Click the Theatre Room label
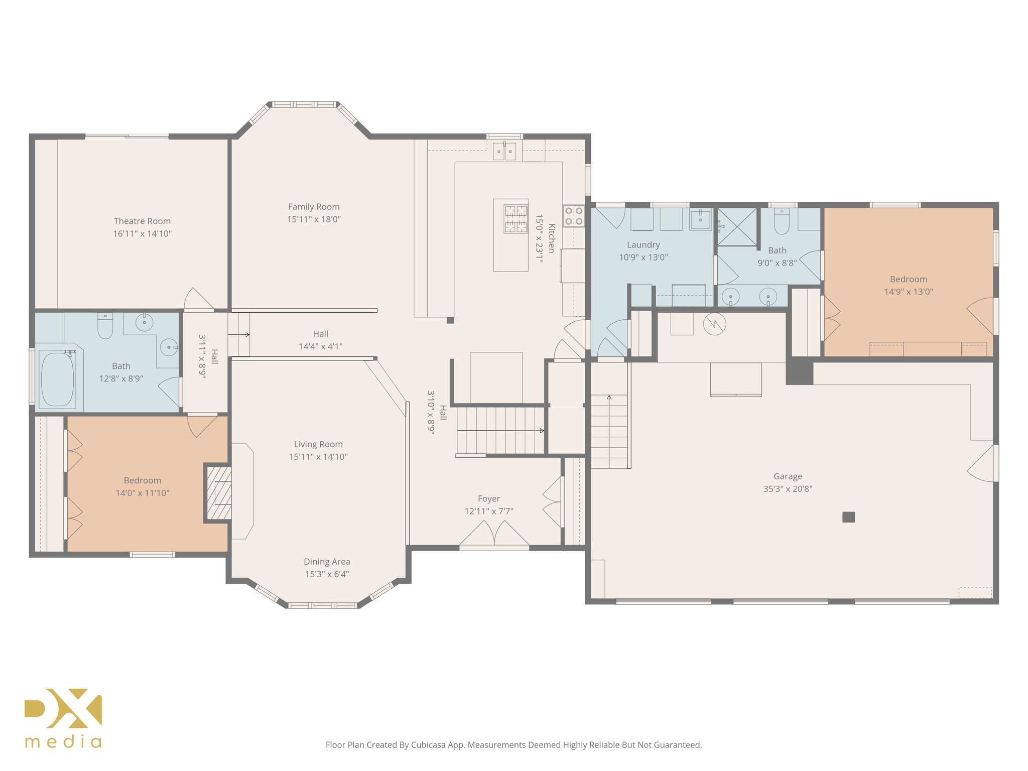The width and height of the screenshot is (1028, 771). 142,221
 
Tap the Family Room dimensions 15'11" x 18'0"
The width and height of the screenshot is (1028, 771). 314,219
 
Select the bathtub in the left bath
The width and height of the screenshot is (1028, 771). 57,379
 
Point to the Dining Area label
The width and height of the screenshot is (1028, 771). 327,562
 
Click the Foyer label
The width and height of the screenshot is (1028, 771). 489,499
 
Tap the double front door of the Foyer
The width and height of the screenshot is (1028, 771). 494,534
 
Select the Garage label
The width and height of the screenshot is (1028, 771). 788,476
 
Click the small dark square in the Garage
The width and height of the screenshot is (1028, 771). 848,517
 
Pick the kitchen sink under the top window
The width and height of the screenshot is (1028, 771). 504,151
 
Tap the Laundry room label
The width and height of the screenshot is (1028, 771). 643,245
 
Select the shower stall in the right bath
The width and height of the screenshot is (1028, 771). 737,227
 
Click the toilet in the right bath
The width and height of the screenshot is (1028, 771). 782,221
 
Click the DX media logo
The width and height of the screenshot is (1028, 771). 63,718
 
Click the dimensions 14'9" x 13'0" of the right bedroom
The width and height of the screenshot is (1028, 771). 909,292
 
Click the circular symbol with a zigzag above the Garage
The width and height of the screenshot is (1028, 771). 715,324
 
